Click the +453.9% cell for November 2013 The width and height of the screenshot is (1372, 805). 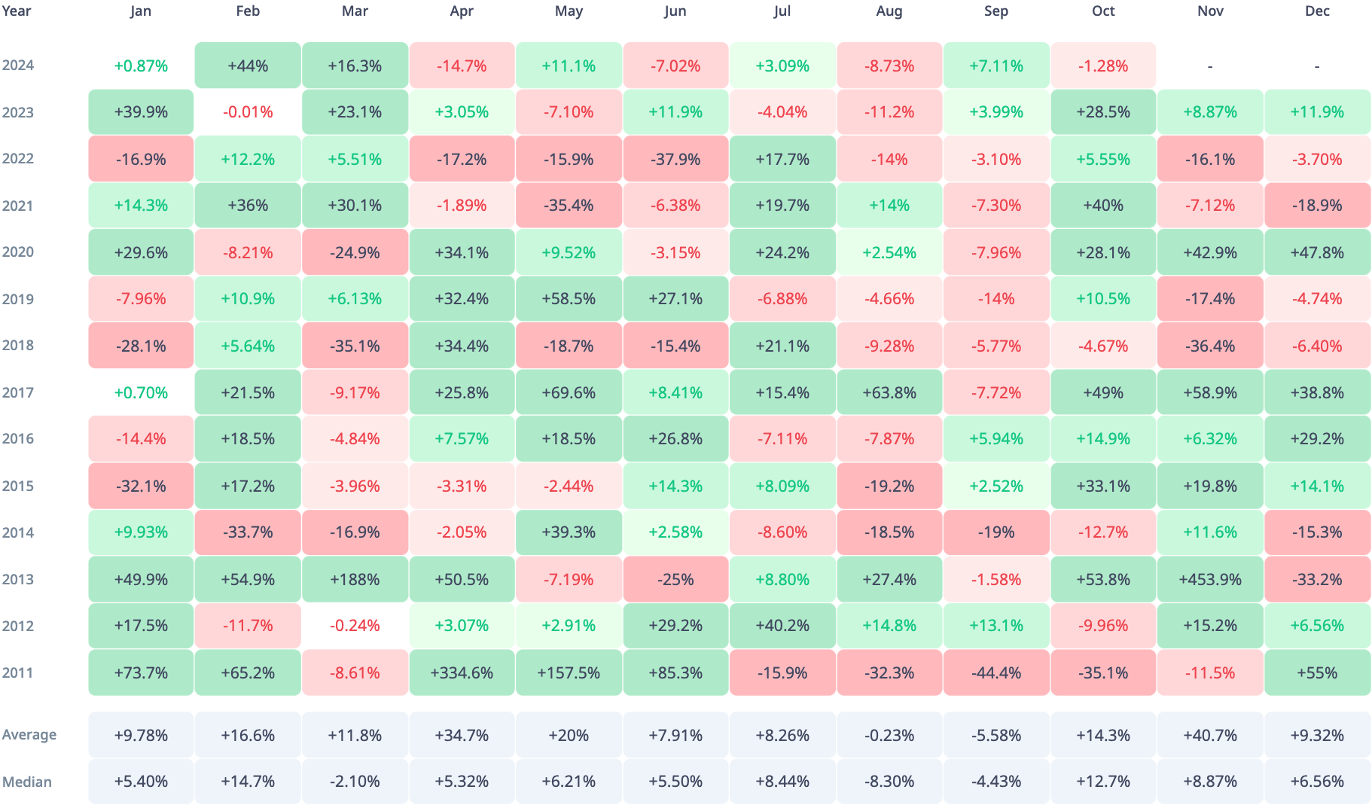pos(1210,579)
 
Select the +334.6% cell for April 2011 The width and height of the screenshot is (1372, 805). pos(462,672)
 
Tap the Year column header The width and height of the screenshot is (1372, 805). pos(17,11)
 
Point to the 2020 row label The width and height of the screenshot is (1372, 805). pos(18,252)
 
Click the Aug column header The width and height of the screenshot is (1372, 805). pos(889,11)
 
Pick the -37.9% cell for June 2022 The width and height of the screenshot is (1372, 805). pos(675,159)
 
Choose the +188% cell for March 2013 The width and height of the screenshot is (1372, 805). pos(355,579)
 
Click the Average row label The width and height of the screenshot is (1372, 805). pos(29,735)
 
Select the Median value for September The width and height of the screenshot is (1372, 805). pos(996,782)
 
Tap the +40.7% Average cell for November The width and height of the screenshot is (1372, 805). pos(1210,735)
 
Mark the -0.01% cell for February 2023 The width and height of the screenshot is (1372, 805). pos(248,112)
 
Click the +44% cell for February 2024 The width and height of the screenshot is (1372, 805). pos(248,66)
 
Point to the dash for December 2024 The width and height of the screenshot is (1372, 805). pos(1317,66)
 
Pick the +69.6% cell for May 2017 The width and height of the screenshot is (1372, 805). pos(569,392)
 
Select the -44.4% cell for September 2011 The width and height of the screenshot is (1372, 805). pos(996,672)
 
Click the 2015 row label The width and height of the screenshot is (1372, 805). pos(18,486)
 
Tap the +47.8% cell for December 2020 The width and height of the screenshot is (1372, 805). pos(1317,252)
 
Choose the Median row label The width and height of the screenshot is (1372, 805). pos(27,782)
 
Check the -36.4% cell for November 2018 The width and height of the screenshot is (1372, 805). pos(1210,346)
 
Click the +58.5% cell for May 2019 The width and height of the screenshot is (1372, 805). pos(569,299)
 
